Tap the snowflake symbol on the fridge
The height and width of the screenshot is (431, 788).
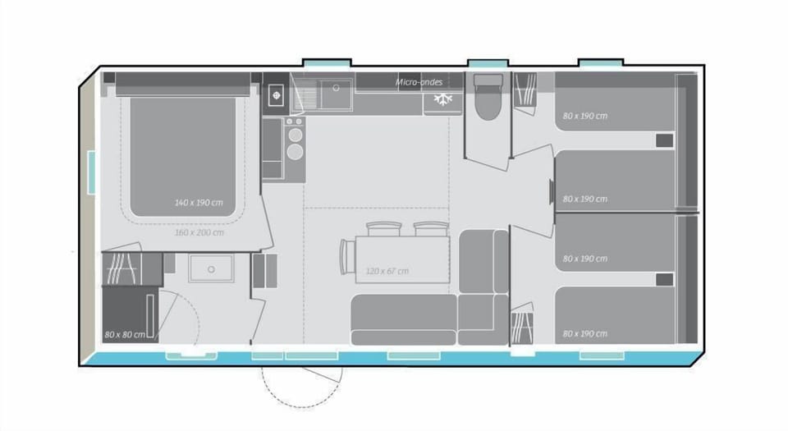point(443,99)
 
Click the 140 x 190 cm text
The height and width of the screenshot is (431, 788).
point(198,202)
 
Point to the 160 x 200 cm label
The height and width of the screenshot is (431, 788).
point(198,232)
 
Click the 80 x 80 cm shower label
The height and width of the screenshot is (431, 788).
point(125,334)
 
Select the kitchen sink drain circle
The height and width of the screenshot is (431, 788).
point(335,85)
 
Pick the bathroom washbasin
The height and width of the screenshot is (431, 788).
point(212,268)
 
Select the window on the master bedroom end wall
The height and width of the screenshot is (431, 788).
point(92,173)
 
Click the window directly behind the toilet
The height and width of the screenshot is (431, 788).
point(488,63)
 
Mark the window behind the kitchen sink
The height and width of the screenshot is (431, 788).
point(326,63)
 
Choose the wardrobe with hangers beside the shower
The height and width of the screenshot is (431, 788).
point(123,268)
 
